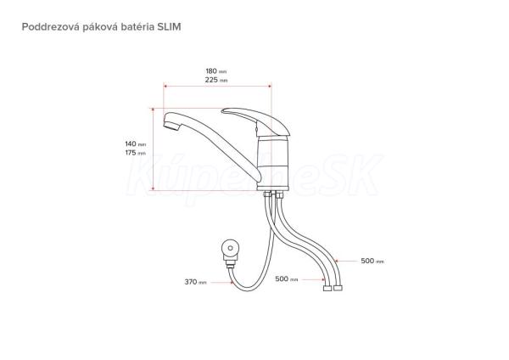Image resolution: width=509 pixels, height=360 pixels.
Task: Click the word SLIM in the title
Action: point(169,26)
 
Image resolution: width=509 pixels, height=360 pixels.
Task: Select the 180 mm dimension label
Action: point(216,70)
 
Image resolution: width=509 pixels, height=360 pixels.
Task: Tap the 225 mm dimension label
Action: point(216,80)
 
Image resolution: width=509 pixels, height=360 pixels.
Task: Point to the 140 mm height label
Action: point(136,144)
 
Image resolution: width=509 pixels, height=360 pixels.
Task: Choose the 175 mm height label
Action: point(136,153)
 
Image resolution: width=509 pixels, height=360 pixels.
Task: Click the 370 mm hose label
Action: point(195,282)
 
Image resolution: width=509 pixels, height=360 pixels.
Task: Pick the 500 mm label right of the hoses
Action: point(372,261)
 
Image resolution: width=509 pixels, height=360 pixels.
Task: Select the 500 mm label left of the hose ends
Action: point(287,279)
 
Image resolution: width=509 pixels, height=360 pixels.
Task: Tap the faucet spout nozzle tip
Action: point(171,125)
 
